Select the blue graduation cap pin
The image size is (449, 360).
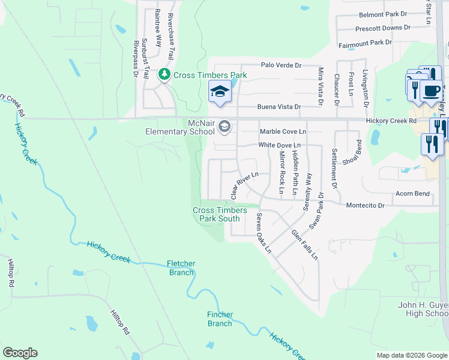click(220, 92)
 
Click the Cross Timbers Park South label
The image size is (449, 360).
click(216, 214)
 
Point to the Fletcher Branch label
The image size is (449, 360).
click(181, 268)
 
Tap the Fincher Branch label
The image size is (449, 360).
click(220, 319)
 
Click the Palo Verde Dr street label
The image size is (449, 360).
click(280, 65)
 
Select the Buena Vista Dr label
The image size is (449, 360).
click(279, 107)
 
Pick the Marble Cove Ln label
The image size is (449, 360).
click(282, 131)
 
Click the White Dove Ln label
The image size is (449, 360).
click(279, 145)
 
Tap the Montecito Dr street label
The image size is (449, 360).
click(364, 205)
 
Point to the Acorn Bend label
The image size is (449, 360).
click(412, 194)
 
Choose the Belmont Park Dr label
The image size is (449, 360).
click(382, 14)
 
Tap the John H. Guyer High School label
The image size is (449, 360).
click(423, 309)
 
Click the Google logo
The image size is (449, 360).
click(20, 353)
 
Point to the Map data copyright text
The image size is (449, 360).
click(412, 355)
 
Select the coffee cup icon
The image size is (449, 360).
click(430, 90)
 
